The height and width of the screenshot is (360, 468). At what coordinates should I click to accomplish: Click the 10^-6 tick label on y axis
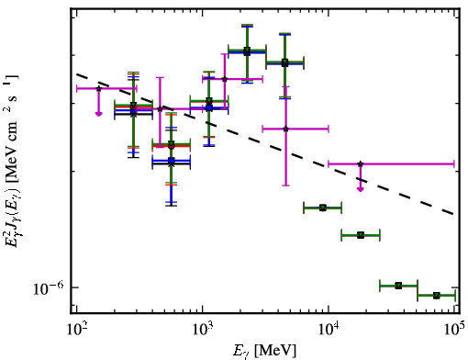[x=49, y=288]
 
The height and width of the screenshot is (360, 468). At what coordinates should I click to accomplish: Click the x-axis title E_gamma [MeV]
[x=264, y=351]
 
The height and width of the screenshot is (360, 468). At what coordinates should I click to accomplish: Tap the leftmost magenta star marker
[x=99, y=88]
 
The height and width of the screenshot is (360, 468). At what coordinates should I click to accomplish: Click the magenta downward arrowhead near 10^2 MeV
[x=98, y=114]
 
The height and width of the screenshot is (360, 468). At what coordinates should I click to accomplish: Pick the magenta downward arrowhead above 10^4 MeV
[x=361, y=189]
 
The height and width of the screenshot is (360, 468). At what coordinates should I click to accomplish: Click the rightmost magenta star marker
[x=361, y=164]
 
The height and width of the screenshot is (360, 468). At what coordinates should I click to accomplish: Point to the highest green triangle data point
[x=247, y=51]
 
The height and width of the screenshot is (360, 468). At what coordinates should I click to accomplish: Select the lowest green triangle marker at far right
[x=437, y=296]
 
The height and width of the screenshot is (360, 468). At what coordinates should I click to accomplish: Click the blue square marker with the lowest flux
[x=172, y=161]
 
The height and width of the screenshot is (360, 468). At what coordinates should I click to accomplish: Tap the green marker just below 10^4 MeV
[x=323, y=208]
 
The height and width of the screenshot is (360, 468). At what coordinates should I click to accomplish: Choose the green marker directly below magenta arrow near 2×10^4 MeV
[x=361, y=235]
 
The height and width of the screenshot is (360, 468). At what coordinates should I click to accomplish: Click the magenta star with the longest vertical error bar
[x=285, y=129]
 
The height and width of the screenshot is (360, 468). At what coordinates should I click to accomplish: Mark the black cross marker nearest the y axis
[x=133, y=114]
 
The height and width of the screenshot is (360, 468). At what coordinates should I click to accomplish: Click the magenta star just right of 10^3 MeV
[x=225, y=79]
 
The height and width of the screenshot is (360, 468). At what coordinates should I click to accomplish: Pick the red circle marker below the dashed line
[x=172, y=146]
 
